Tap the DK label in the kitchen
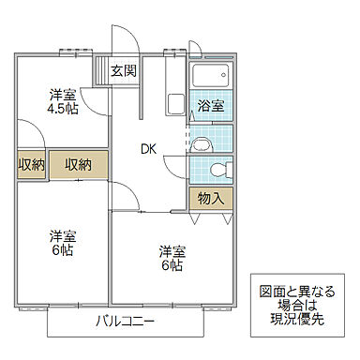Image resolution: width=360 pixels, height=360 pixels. tap(148, 147)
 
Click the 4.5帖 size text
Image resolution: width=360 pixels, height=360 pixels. tap(63, 108)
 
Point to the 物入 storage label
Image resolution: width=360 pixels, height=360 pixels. tap(210, 198)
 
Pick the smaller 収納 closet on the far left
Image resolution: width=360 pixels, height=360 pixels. tap(31, 165)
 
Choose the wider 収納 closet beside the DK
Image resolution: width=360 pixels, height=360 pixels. tap(78, 165)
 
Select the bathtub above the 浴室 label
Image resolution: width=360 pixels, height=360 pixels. tap(211, 77)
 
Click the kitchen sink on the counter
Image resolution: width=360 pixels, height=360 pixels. tap(174, 103)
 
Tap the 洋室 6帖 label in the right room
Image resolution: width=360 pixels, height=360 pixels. tap(172, 259)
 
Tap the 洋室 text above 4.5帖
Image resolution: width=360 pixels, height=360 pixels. tap(63, 94)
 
